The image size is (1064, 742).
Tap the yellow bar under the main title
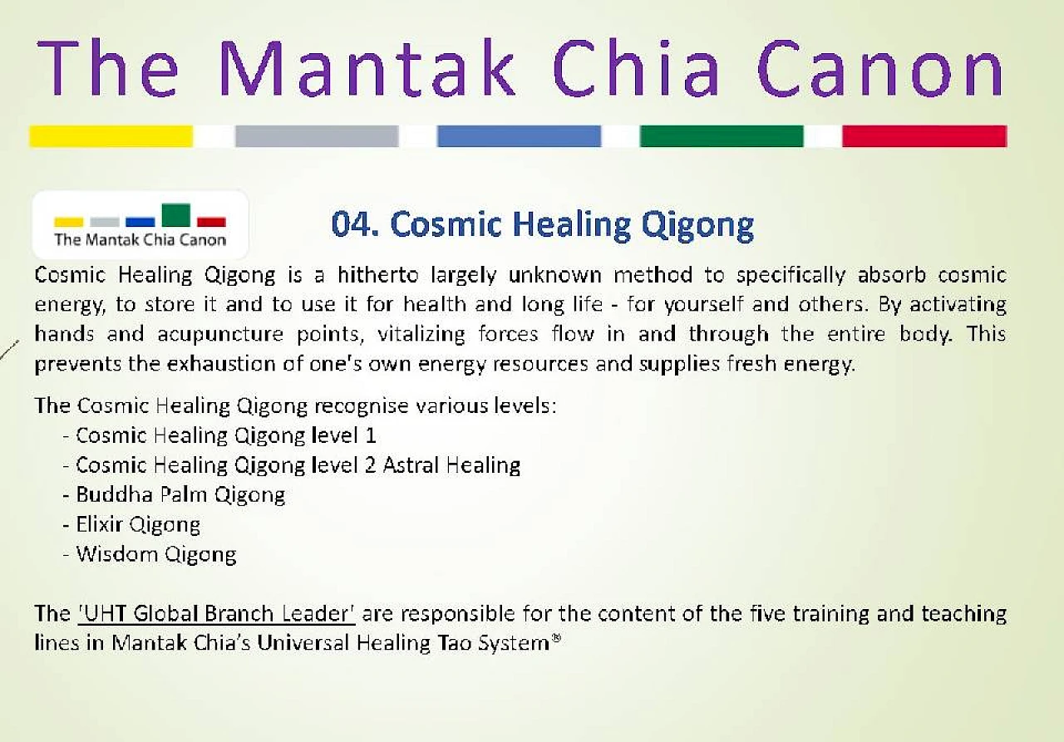click(111, 136)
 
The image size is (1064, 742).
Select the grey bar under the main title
click(317, 136)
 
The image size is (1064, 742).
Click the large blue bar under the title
click(519, 136)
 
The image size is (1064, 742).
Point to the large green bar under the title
click(722, 136)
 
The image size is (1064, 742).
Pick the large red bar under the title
click(924, 136)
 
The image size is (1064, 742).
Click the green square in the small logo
click(175, 215)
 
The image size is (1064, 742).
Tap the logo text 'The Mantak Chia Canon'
click(140, 240)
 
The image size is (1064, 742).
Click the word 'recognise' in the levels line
click(361, 406)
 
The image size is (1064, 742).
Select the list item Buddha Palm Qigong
click(180, 495)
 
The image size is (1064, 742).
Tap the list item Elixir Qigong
click(138, 525)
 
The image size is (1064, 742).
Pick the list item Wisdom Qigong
click(156, 555)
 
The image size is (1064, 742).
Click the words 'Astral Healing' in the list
click(451, 465)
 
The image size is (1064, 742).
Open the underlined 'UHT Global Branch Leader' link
click(216, 614)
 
